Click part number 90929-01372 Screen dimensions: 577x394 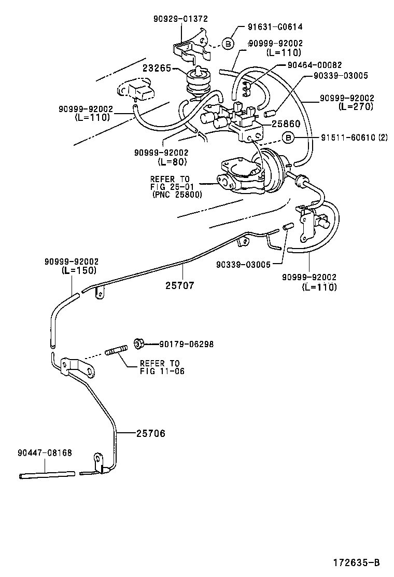pos(180,19)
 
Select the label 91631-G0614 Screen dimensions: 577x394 pos(275,27)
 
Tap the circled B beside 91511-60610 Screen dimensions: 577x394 pos(288,138)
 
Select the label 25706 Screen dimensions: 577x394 pos(151,433)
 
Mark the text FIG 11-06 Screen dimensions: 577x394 pos(162,371)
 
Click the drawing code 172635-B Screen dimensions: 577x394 pos(356,562)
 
